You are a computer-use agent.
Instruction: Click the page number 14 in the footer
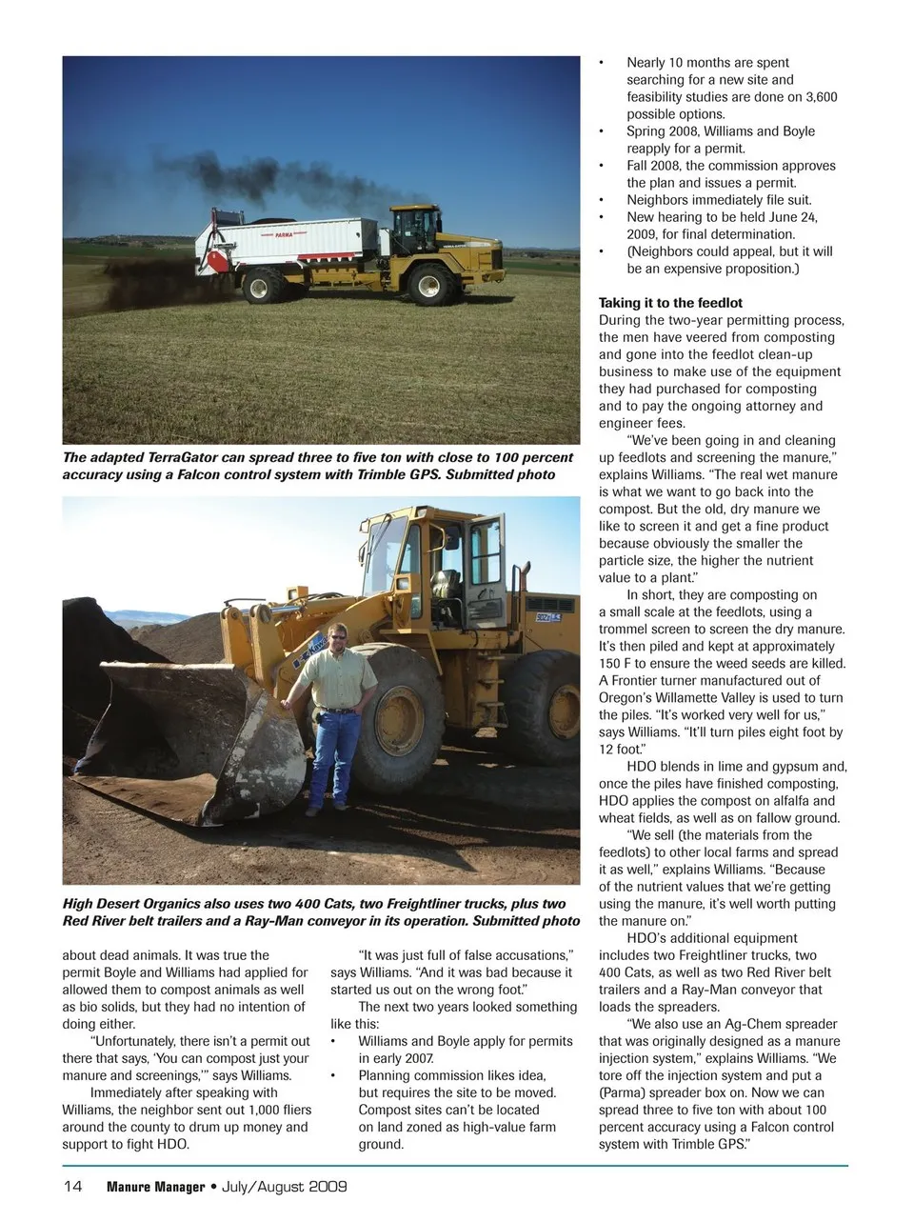(72, 1187)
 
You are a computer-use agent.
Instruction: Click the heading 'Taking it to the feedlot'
(670, 303)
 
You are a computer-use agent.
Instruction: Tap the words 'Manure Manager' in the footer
(155, 1187)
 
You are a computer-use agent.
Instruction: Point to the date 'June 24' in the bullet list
(792, 217)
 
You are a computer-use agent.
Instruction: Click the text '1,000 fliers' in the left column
(271, 1110)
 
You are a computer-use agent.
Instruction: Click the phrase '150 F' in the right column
(617, 663)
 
